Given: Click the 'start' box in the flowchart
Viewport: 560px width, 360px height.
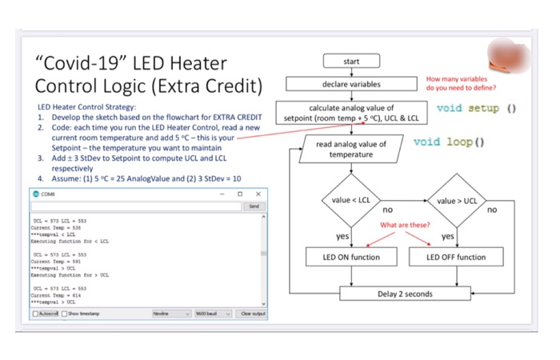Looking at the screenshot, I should pos(351,62).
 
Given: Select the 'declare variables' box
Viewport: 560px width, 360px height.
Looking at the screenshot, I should pos(351,84).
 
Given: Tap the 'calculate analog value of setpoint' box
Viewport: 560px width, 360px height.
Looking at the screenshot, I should pos(351,113).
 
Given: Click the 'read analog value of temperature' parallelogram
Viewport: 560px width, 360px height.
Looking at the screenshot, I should pos(351,149).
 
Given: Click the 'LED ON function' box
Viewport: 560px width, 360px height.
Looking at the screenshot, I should pos(351,257).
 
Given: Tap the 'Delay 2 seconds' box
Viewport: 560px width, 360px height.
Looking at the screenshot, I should pos(406,294).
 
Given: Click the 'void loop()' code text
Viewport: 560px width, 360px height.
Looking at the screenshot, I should pos(449,142).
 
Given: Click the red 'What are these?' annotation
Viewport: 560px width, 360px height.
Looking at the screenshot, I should pos(404,225).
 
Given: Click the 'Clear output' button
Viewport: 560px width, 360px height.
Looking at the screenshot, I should pos(252,314).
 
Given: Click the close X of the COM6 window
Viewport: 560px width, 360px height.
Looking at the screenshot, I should pos(258,194).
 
